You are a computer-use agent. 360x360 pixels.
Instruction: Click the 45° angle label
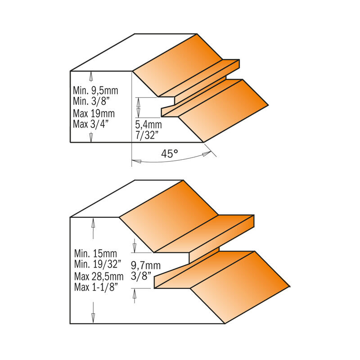pos(170,153)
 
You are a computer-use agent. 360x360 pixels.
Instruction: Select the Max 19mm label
pos(94,112)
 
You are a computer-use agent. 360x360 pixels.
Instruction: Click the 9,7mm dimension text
pos(145,265)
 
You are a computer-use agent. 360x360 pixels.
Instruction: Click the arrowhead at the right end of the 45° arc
pos(207,154)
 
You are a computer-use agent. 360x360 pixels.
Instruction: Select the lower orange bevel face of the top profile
pos(225,110)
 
